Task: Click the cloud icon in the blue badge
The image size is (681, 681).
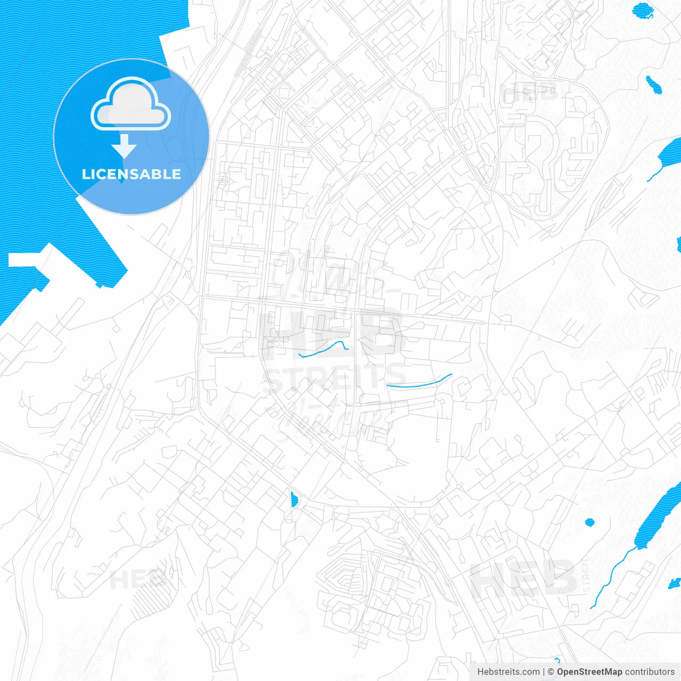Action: tap(131, 104)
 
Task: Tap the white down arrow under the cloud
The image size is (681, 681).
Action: tap(124, 146)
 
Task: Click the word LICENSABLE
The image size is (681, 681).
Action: tap(131, 174)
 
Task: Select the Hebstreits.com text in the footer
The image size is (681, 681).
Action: tap(508, 672)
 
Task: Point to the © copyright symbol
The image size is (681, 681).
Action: tap(551, 672)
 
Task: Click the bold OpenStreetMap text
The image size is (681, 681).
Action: tap(589, 672)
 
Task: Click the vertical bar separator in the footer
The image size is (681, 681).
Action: tap(544, 672)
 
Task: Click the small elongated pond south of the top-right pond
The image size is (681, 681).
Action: tap(653, 85)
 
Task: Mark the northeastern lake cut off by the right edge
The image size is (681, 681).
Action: tap(670, 152)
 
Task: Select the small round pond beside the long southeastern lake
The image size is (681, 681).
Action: tap(589, 522)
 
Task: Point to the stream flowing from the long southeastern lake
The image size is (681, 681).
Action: tap(612, 575)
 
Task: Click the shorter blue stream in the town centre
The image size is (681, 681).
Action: tap(323, 350)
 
